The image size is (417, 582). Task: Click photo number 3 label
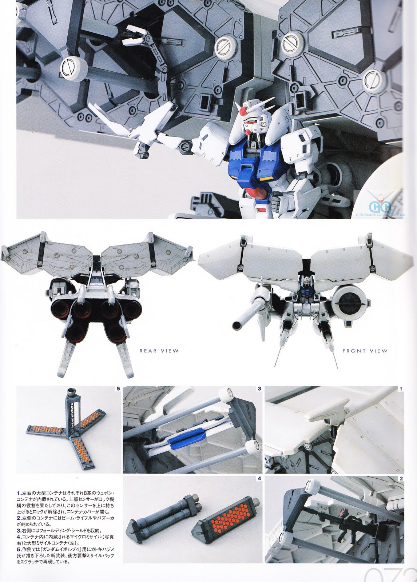tap(259, 388)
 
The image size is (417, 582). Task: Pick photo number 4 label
tap(259, 479)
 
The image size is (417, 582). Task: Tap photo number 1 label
tap(401, 388)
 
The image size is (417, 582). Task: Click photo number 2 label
tap(401, 479)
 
